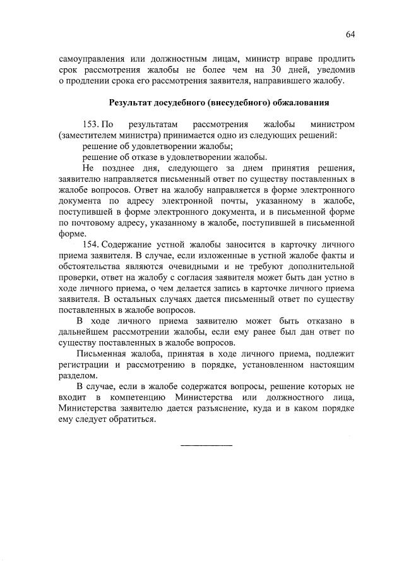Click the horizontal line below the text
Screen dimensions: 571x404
(206, 447)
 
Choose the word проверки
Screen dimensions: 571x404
(76, 278)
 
